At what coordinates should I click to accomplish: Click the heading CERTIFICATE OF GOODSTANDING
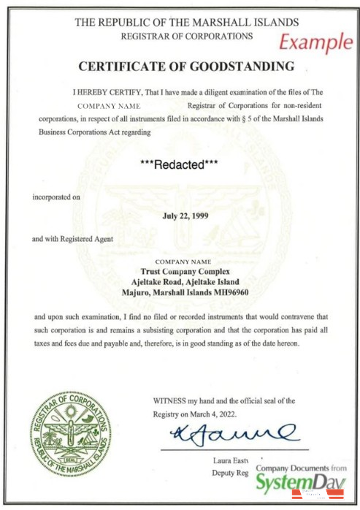click(x=185, y=67)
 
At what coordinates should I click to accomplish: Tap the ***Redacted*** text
click(x=180, y=165)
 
